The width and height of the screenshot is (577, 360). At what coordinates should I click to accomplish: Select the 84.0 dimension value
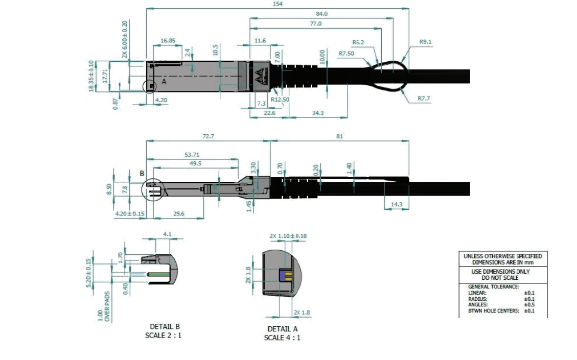coord(322,14)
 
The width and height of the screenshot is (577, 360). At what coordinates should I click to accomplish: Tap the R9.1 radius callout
coord(426,42)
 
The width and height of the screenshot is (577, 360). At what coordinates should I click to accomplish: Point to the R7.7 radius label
coord(424,98)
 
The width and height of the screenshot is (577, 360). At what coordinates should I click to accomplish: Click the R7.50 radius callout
coord(347,53)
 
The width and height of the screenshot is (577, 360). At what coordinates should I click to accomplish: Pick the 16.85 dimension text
coord(168,40)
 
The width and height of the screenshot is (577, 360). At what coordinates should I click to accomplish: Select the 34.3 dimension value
coord(318,113)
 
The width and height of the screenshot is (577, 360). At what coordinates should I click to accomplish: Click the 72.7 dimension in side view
coord(208,136)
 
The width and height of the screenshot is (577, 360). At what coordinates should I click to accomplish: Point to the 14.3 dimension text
coord(397,204)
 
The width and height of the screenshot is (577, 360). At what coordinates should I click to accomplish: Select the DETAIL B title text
coord(165,327)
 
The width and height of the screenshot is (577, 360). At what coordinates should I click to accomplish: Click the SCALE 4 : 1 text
coord(282,338)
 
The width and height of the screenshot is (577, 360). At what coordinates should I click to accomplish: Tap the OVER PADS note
coord(108,306)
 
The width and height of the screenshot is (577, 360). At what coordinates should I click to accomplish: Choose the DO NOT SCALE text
coord(500,278)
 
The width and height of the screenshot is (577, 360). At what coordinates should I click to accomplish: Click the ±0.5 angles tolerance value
coord(529,304)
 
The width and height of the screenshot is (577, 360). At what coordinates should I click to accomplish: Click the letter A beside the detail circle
coord(164,81)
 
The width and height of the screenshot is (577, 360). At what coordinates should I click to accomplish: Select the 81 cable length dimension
coord(340,136)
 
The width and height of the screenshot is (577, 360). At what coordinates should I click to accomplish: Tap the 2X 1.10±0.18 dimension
coord(288,235)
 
